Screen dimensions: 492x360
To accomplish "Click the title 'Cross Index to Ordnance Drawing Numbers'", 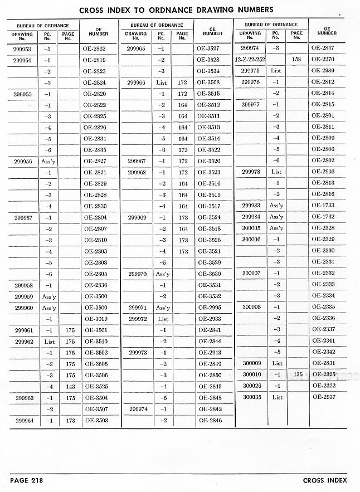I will click(176, 9).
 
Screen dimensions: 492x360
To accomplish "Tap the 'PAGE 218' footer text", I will click(26, 480).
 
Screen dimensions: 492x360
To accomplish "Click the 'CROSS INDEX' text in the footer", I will click(325, 480).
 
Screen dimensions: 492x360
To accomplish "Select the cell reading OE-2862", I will click(94, 48).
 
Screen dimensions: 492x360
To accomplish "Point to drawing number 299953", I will click(22, 48).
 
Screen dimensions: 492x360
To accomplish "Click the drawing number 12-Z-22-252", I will click(250, 60).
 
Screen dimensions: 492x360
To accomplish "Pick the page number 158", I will click(297, 60).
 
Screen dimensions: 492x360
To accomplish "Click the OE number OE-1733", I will click(323, 206).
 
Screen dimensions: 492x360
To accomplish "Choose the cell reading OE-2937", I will click(323, 397).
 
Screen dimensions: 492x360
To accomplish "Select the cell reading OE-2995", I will click(210, 308).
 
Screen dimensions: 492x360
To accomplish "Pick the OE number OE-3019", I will click(95, 319).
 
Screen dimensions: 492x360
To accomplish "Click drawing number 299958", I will click(23, 285).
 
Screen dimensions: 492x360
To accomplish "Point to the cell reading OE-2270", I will click(323, 60).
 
